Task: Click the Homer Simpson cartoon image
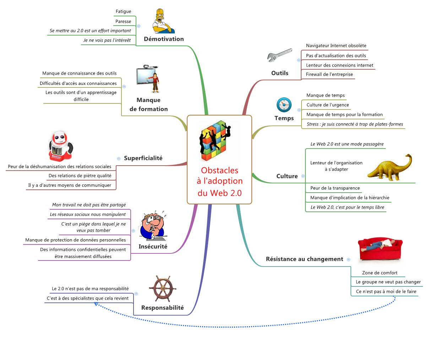[x=164, y=21]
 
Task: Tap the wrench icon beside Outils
[x=279, y=55]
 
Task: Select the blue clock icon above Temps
[x=284, y=105]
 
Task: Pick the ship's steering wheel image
[x=163, y=289]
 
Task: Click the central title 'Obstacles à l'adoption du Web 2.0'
[x=219, y=181]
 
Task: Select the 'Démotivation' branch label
[x=164, y=39]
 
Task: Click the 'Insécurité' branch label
[x=153, y=247]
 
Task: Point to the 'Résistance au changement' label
[x=304, y=259]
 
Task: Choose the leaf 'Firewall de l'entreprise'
[x=329, y=75]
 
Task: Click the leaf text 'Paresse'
[x=123, y=21]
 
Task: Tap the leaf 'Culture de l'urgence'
[x=327, y=105]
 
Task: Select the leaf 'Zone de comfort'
[x=380, y=273]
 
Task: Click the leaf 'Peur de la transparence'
[x=335, y=188]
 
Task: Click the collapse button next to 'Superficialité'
[x=119, y=158]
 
